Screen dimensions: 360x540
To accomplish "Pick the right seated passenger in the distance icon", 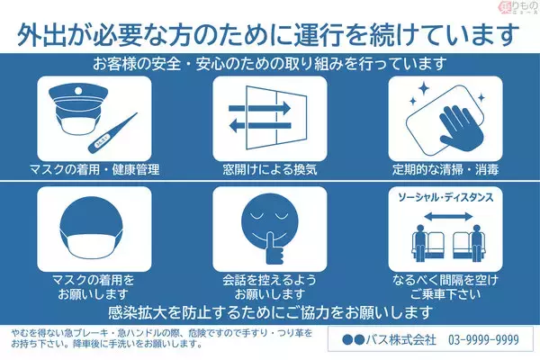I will [x=468, y=244].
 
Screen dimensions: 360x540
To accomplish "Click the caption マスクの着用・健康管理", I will [x=93, y=169].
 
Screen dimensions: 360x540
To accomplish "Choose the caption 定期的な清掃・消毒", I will [x=445, y=169].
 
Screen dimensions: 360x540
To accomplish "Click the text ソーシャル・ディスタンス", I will [x=445, y=197].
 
